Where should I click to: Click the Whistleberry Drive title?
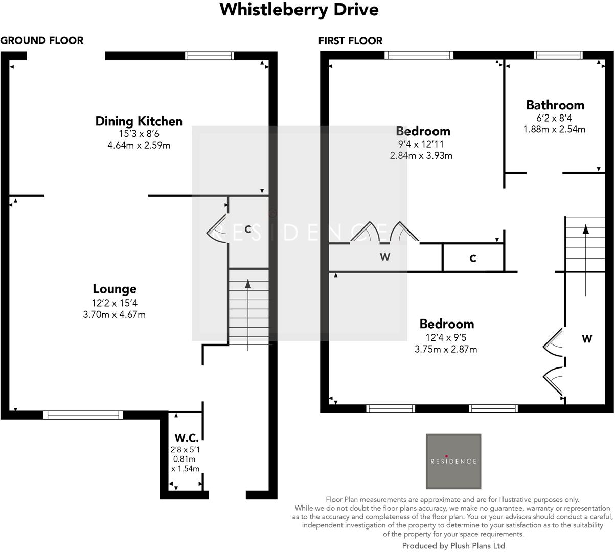pos(299,10)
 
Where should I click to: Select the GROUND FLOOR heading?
pos(42,41)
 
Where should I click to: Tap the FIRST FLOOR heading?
pos(350,41)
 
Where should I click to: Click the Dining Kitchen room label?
pos(139,121)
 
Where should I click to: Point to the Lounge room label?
pos(115,289)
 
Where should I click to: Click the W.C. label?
pos(186,438)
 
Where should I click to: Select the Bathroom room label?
pos(555,105)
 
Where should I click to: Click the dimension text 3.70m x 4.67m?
pos(114,314)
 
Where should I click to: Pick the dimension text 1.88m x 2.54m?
pos(554,129)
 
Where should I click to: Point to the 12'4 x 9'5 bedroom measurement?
pos(446,337)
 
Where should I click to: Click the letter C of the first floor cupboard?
pos(473,259)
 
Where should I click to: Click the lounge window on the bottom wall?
pos(83,415)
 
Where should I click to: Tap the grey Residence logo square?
pos(453,461)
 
